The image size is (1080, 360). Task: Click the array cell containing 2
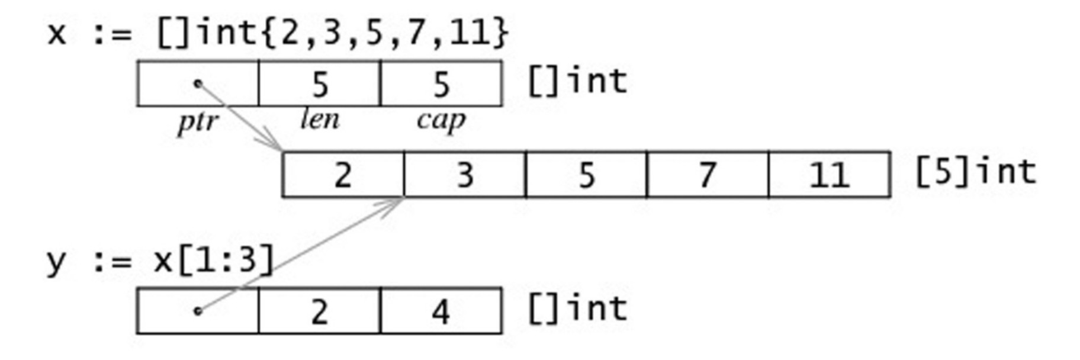click(x=343, y=175)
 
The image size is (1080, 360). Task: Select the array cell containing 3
click(x=465, y=175)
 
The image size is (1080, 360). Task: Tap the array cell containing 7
click(x=708, y=175)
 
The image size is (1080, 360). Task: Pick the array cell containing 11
click(x=830, y=175)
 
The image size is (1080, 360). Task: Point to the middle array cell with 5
click(x=586, y=175)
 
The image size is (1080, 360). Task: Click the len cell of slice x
click(x=319, y=83)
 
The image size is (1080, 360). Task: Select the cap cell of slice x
click(x=441, y=83)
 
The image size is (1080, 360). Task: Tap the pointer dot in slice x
click(x=198, y=83)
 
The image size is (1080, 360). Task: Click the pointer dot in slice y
click(x=198, y=310)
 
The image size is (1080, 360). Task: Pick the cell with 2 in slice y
click(x=319, y=311)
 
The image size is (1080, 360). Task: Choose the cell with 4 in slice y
click(x=441, y=311)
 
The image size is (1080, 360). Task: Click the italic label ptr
click(x=198, y=123)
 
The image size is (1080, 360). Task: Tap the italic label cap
click(x=441, y=121)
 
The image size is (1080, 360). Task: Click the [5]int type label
click(x=976, y=172)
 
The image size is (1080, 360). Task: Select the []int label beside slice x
click(x=577, y=81)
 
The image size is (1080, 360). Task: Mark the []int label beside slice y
click(x=577, y=308)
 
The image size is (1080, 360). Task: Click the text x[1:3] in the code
click(x=214, y=260)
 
